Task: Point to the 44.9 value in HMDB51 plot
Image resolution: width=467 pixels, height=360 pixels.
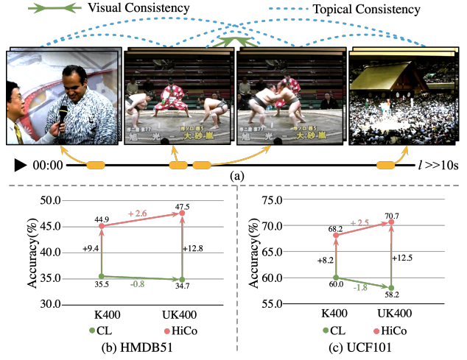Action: [x=100, y=219]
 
